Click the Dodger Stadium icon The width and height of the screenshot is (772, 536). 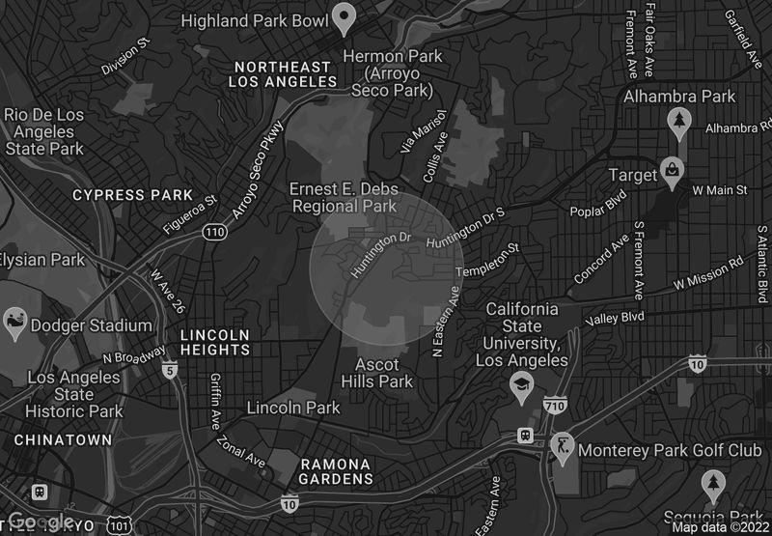point(15,324)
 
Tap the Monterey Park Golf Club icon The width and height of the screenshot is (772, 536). point(561,448)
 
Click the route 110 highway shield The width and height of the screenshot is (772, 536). point(214,231)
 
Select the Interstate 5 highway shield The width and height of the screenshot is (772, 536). point(171,369)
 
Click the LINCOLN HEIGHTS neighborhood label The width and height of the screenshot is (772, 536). point(215,345)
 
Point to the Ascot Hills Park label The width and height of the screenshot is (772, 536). point(384,373)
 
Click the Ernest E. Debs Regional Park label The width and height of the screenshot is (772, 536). point(344,197)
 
